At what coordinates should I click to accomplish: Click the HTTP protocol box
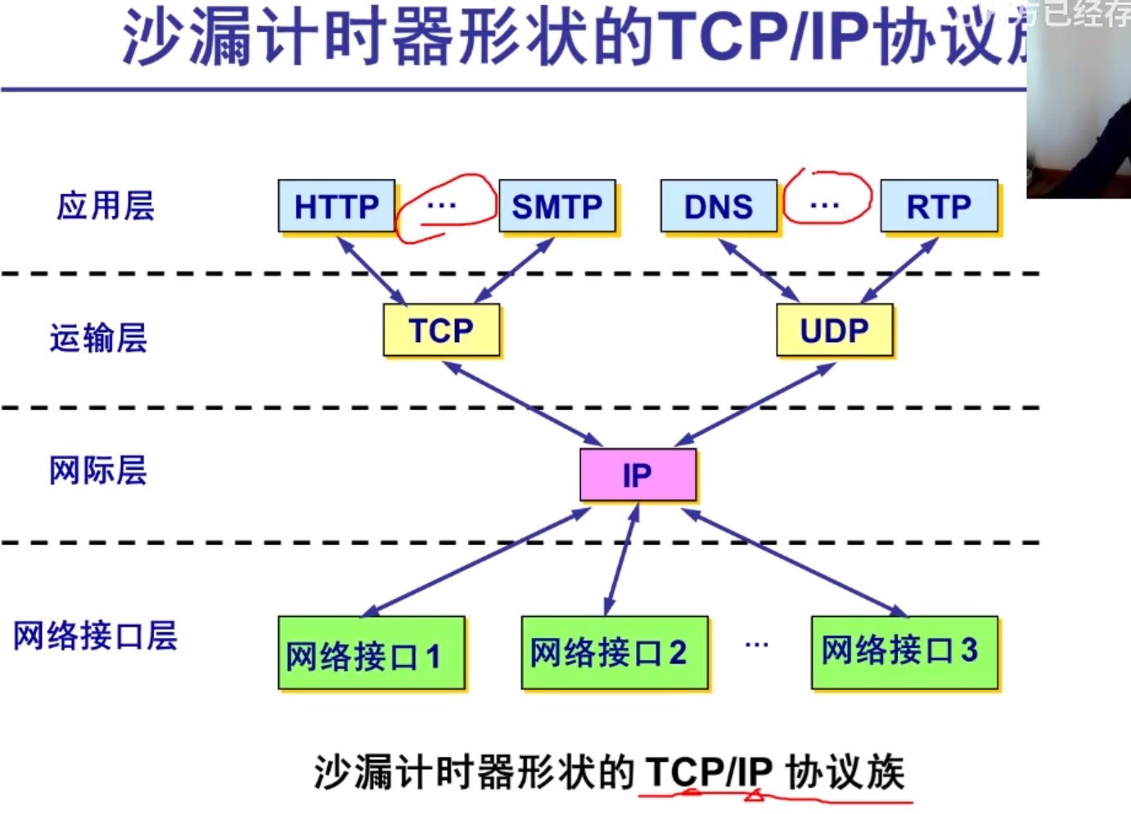336,207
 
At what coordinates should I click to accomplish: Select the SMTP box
556,207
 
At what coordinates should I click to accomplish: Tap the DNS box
719,207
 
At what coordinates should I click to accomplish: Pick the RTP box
939,207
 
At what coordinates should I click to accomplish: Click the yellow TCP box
441,331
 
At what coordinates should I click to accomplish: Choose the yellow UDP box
834,331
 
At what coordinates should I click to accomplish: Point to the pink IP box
638,474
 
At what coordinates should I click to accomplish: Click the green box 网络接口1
372,654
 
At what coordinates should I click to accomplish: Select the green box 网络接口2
615,652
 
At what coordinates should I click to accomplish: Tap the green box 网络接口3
904,652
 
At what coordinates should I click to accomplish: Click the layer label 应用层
105,205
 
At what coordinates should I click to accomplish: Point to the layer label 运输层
98,338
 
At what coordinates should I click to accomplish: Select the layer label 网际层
98,470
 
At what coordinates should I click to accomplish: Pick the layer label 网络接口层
95,636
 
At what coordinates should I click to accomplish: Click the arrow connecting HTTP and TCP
372,271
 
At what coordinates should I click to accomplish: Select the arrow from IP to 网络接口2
622,560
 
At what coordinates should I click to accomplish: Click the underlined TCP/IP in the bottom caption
709,771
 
